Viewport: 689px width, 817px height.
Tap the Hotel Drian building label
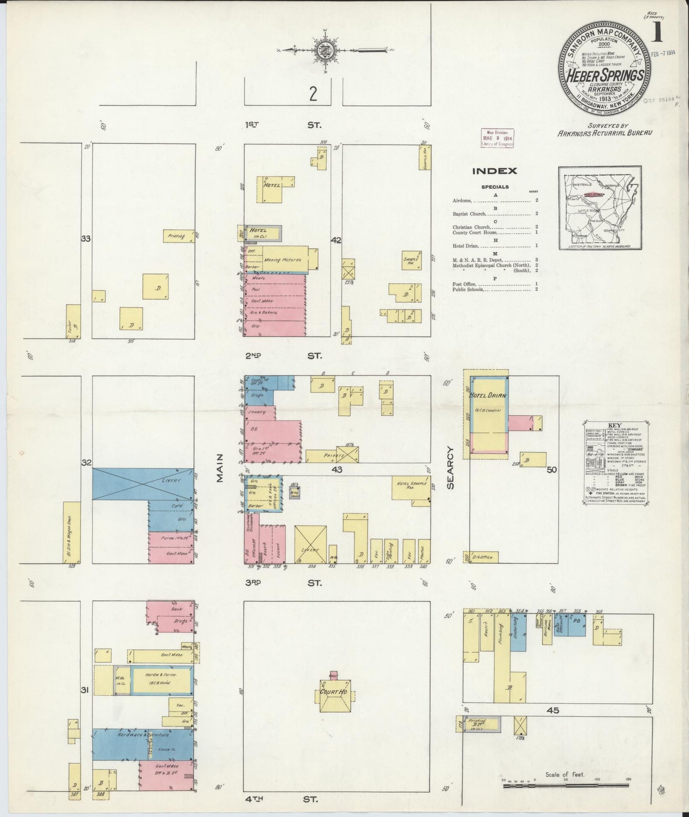pos(488,395)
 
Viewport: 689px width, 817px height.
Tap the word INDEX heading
pos(494,171)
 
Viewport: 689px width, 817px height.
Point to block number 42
pos(336,241)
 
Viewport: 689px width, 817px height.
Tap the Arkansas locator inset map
pos(600,208)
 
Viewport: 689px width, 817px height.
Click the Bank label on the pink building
pos(177,609)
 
